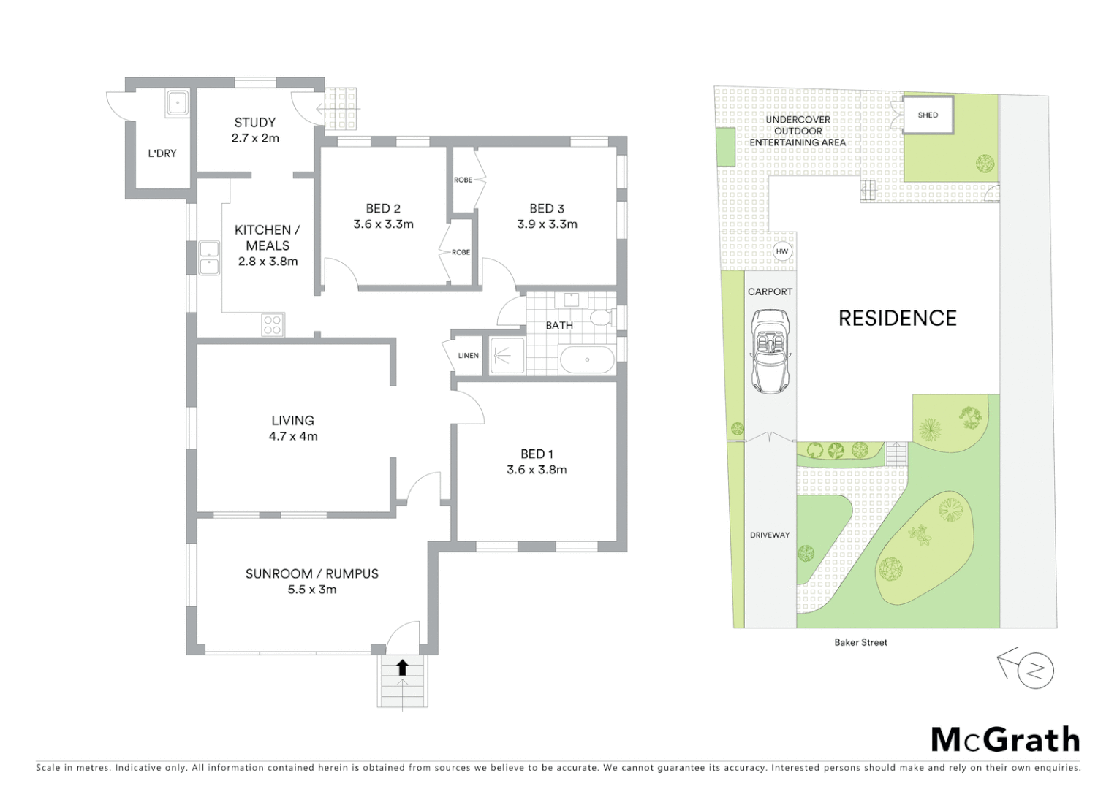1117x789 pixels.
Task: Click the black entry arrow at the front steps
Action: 402,667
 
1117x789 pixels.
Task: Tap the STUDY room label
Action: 255,123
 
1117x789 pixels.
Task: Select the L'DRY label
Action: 162,153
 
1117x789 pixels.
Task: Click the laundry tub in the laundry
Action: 178,103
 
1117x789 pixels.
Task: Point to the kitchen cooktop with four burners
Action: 273,324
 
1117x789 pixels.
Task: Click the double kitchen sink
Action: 209,258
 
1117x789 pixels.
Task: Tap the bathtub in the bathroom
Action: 587,359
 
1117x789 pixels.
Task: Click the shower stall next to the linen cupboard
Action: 507,356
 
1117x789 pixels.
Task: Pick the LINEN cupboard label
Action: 469,356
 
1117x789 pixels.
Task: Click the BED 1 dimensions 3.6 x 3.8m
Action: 537,470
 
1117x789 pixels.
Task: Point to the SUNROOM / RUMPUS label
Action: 312,573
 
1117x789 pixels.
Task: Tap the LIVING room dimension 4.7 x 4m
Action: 293,436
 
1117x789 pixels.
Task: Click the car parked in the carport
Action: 770,351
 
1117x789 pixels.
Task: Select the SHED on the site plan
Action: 928,115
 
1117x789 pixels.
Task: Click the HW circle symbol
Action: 782,251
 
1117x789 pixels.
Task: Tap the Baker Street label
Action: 860,642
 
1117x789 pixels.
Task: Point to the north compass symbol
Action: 1034,670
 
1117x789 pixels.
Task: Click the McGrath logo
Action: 1005,740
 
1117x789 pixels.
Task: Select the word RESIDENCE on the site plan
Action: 897,318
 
